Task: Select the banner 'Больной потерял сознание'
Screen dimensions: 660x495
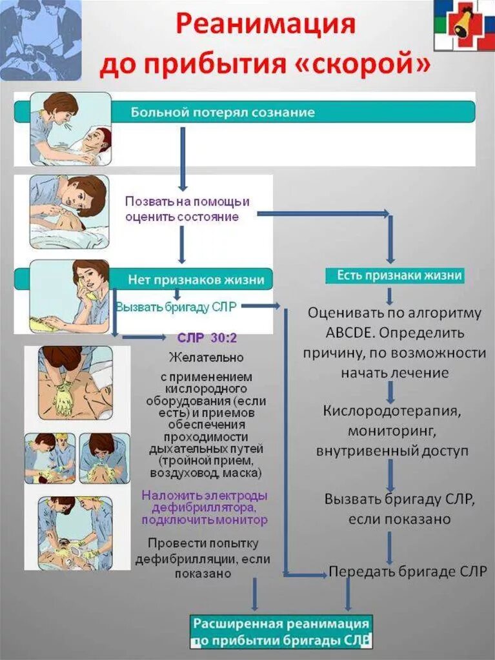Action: click(223, 112)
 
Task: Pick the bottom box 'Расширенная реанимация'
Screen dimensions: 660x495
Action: click(281, 631)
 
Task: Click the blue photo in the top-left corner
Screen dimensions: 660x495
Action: click(41, 40)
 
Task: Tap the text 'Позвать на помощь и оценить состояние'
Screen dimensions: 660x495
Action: click(187, 209)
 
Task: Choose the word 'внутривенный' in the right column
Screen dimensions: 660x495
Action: click(363, 451)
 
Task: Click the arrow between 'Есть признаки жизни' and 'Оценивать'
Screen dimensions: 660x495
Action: click(390, 296)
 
